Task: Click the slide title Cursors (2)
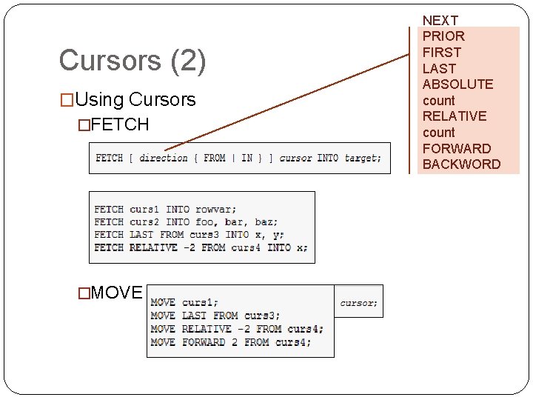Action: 132,61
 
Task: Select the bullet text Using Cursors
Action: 135,99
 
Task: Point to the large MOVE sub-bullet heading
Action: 116,293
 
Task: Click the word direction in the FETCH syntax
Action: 163,158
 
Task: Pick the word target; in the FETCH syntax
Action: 363,158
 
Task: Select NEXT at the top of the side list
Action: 440,21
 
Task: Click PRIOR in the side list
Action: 443,36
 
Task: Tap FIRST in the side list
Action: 441,53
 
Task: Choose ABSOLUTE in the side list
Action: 457,84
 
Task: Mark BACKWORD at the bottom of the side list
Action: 461,164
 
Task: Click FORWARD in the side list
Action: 456,148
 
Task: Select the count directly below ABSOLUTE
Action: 438,101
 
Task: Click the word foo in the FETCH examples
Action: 204,222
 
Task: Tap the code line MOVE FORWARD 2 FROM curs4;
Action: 230,342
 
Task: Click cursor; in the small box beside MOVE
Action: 358,302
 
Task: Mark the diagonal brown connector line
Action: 289,100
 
